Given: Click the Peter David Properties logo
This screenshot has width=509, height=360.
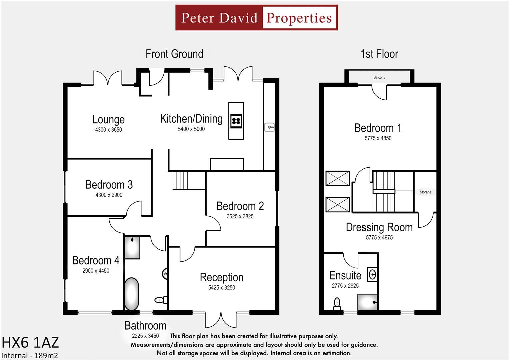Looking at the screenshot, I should pos(256,18).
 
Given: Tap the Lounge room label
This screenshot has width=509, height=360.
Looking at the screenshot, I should pos(108,119).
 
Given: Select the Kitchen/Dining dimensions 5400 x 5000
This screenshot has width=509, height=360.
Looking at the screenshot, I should pos(191,129).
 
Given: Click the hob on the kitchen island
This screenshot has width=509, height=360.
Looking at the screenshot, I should pos(236,121).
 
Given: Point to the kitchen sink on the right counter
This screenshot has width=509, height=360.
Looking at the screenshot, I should pos(269,127).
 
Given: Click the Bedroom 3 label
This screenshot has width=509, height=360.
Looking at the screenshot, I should pos(109,185).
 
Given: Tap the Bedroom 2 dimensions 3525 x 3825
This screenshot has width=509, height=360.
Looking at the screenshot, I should pos(240,216).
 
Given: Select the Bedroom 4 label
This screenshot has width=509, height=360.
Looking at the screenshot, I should pos(96,260).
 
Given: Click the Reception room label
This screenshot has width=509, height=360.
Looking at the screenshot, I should pos(221,277).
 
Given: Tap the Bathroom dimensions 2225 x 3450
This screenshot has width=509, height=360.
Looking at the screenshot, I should pos(145,336).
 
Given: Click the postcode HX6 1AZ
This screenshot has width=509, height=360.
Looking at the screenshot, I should pos(30,342).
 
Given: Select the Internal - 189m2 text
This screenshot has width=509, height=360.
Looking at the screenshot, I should pos(30,355).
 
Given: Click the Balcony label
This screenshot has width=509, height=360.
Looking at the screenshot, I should pos(379,77).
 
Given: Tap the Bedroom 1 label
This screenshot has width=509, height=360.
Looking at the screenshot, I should pos(378,128).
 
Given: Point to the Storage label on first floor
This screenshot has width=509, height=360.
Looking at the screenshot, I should pos(425,192).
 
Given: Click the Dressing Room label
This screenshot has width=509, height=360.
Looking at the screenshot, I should pos(379,227).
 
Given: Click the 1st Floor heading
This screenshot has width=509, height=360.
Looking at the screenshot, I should pos(379,54).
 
